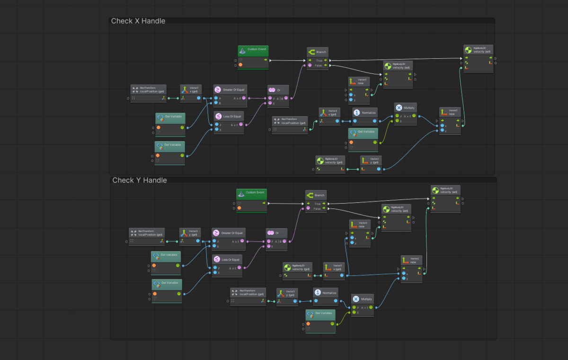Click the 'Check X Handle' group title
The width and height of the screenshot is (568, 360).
coord(138,21)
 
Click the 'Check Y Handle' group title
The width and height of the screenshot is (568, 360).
coord(139,180)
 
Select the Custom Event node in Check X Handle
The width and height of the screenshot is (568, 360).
coord(253,49)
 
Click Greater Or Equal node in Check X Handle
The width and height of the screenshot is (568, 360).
coord(231,89)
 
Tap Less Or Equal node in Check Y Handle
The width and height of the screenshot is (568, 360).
coord(229,259)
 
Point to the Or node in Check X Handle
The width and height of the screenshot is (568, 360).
coord(278,90)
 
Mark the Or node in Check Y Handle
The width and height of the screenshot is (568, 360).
coord(276,233)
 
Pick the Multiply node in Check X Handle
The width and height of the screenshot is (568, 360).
coord(406,108)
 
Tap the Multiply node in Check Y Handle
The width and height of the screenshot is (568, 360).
coord(363,299)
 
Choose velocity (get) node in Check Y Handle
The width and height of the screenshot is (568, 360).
coord(298,268)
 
